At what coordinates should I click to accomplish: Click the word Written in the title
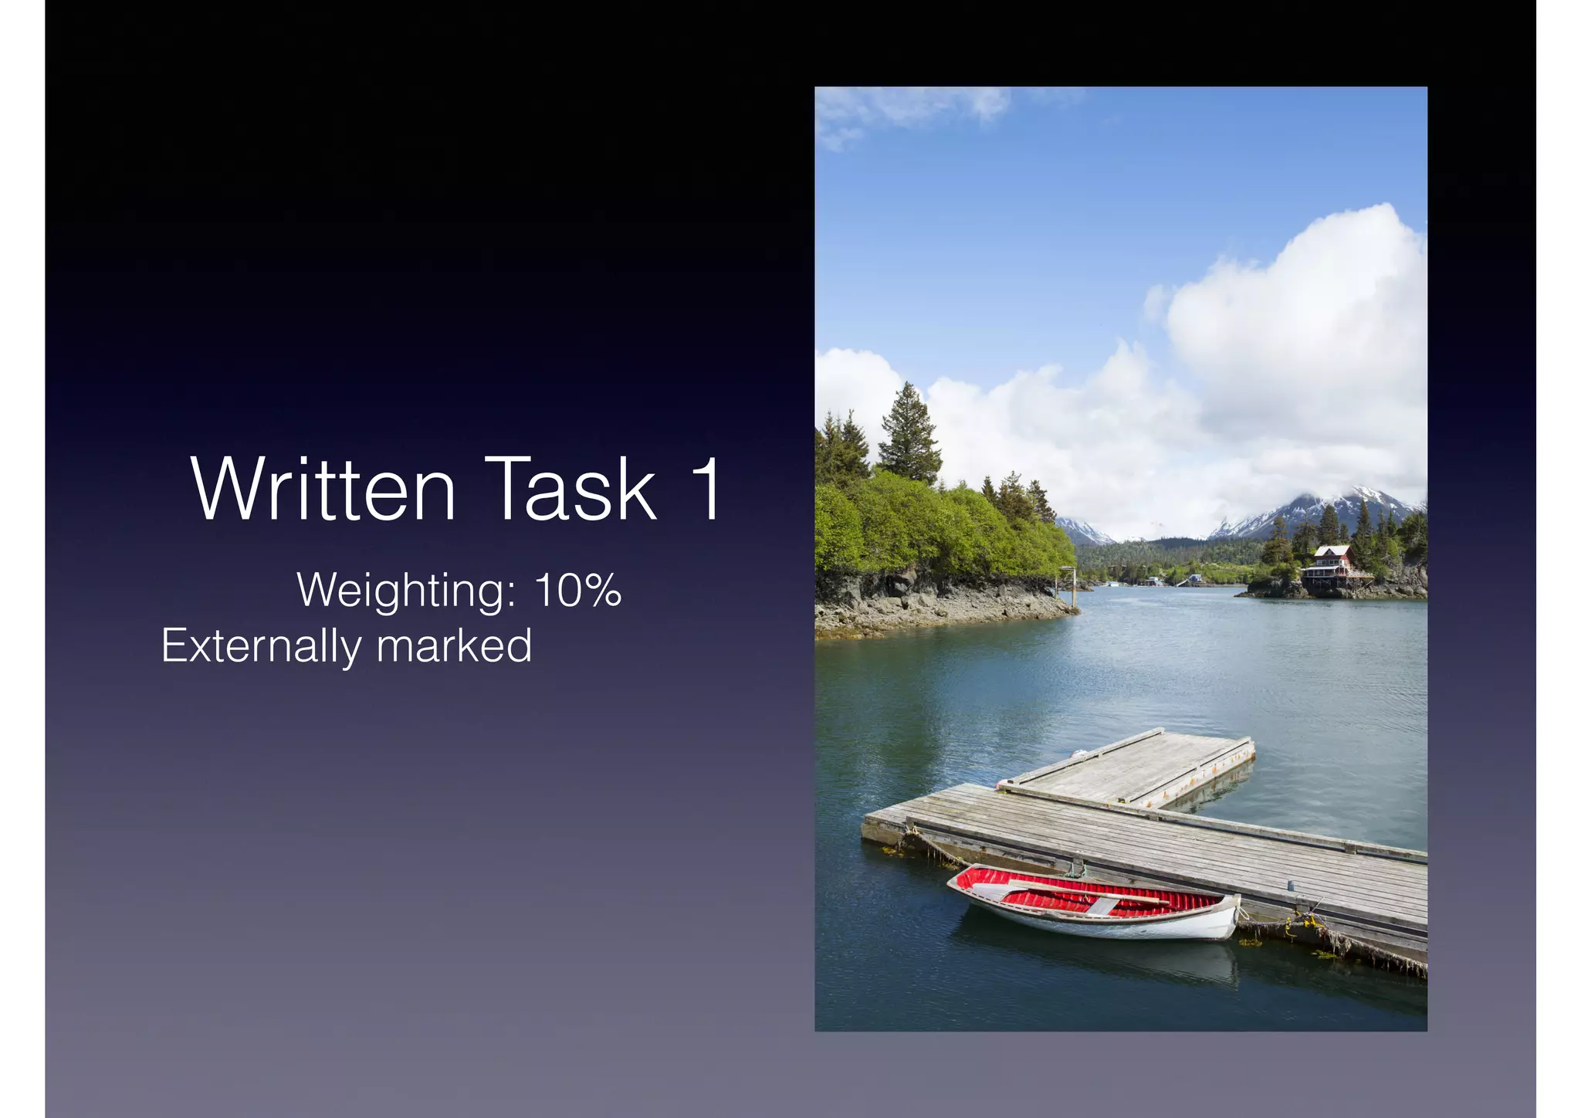[x=323, y=490]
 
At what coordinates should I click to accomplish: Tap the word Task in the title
[x=570, y=490]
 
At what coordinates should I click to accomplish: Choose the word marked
[x=454, y=646]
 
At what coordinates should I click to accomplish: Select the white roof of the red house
[x=1332, y=551]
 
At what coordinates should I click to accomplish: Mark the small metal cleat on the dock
[x=1287, y=885]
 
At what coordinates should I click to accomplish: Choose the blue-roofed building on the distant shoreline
[x=1195, y=578]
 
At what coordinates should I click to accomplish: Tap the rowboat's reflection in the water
[x=1096, y=954]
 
